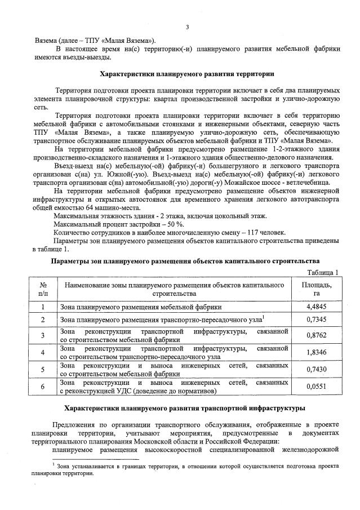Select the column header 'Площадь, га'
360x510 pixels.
pos(317,289)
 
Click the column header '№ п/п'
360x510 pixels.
pos(43,289)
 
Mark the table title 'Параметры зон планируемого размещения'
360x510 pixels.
pos(185,261)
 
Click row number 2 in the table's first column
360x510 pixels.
pos(43,320)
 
